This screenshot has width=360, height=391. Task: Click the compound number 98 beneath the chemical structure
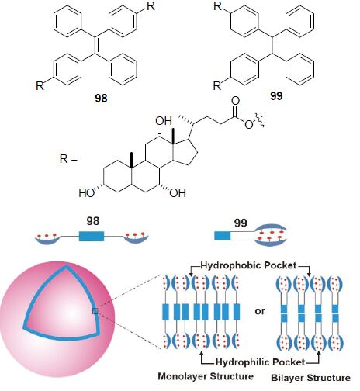(x=101, y=99)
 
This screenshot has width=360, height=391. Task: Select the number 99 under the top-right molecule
(x=276, y=96)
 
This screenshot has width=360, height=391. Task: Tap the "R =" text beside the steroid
(x=68, y=158)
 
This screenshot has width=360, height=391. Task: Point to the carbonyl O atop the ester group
(x=235, y=101)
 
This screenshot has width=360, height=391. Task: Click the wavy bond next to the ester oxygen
(x=259, y=120)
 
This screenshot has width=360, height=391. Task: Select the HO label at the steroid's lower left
(x=87, y=193)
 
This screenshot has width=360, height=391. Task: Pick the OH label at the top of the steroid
(x=164, y=121)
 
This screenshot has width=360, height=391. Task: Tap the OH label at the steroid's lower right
(x=178, y=193)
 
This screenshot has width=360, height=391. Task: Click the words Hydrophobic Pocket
(x=248, y=265)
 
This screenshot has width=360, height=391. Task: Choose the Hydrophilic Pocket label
(x=261, y=362)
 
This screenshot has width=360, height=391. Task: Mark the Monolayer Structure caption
(x=206, y=376)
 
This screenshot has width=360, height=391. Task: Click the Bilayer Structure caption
(x=310, y=378)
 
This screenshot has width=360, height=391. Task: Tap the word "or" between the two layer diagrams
(x=260, y=311)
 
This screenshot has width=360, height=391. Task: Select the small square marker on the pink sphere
(x=95, y=311)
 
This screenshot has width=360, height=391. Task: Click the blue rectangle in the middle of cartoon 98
(x=92, y=236)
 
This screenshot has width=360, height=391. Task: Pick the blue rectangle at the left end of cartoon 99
(x=222, y=236)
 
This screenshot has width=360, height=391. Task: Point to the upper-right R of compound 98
(x=151, y=6)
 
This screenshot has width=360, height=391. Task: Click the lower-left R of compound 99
(x=217, y=86)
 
